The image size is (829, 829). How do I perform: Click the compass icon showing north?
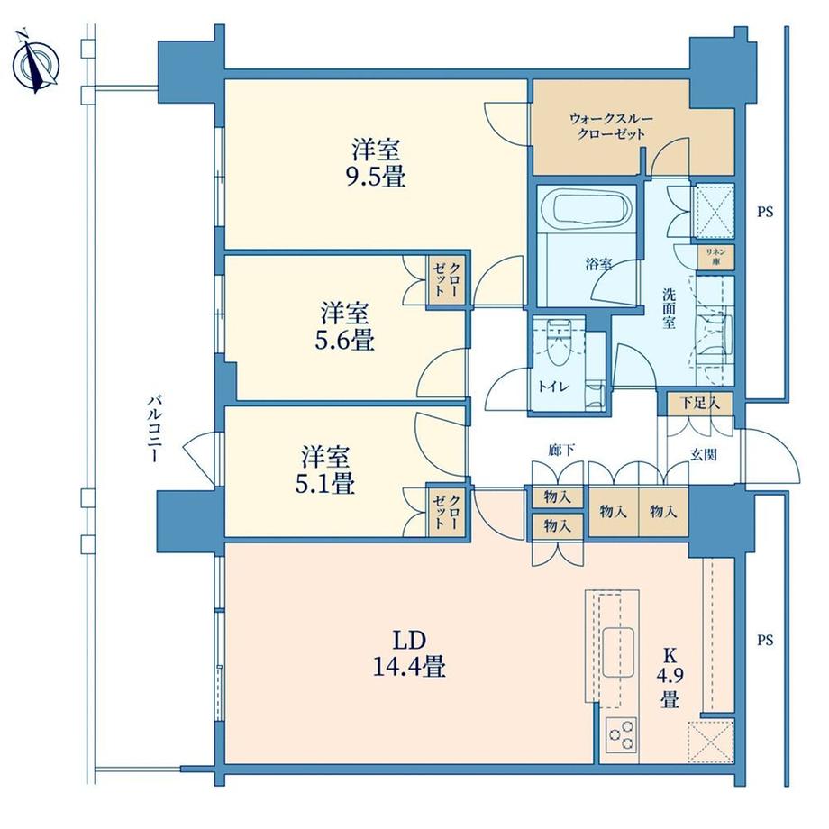36,64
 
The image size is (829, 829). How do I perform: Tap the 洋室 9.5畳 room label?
377,161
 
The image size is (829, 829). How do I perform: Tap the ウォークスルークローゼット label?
610,125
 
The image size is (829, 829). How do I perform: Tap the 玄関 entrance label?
704,455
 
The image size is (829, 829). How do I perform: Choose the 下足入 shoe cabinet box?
699,403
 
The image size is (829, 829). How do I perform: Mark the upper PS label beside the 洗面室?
765,213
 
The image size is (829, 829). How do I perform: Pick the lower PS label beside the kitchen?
765,641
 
